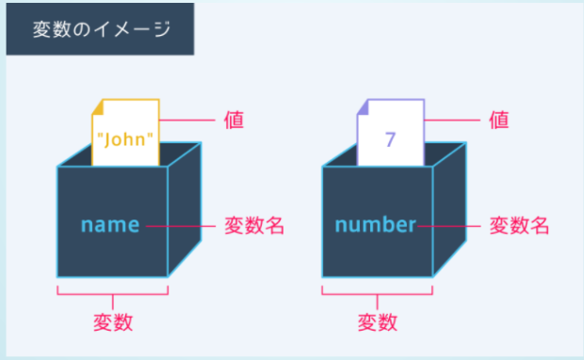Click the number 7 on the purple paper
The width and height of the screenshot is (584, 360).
point(390,139)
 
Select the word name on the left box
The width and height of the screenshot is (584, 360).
point(110,225)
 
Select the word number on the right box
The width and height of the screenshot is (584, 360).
point(375,225)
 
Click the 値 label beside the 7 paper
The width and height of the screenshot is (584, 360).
point(500,120)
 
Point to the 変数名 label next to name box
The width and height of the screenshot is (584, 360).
point(253,226)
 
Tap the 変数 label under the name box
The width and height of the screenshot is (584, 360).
point(113,322)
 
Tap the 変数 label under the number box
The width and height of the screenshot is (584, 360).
point(378,322)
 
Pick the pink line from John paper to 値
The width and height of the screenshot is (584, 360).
point(188,121)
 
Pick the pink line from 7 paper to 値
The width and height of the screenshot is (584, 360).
point(453,121)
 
